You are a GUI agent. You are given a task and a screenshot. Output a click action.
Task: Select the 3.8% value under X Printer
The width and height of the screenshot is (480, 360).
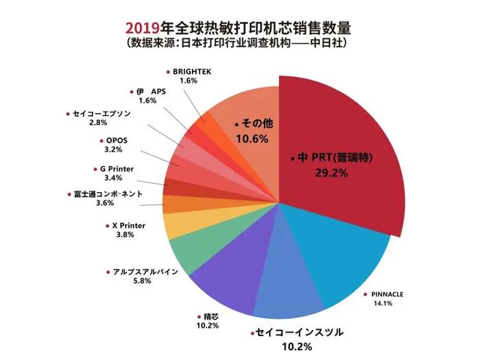click(123, 235)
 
